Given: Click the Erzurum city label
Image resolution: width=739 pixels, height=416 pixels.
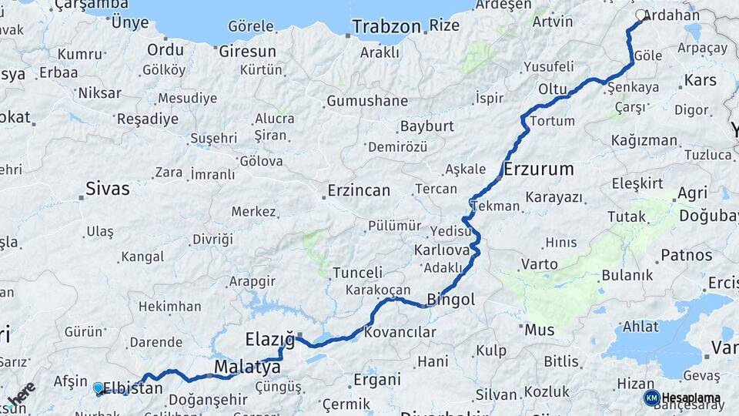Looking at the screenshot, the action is (x=539, y=169).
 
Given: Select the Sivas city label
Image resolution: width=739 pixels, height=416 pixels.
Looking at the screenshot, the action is (x=107, y=189).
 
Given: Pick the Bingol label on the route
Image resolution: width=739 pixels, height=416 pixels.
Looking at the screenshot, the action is (x=450, y=300).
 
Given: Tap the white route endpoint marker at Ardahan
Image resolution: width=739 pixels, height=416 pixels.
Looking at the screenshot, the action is (x=641, y=15).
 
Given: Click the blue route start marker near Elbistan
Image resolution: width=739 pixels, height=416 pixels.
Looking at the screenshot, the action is (x=98, y=388).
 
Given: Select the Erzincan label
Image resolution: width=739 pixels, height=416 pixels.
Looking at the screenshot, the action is (x=359, y=190).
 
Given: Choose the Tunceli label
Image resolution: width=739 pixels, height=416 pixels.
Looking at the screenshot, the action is (x=357, y=273).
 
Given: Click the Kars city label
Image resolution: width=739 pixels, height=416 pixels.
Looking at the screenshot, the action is (x=700, y=80).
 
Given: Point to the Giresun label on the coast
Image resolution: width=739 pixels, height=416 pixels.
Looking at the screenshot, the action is (x=247, y=52).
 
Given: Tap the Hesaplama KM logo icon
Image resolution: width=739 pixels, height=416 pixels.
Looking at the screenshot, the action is (x=652, y=398).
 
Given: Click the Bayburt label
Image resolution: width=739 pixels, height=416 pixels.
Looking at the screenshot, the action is (x=426, y=126).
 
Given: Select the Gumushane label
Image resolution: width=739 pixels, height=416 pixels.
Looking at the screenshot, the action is (x=367, y=101).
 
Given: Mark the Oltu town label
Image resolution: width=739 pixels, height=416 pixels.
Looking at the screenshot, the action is (x=553, y=89).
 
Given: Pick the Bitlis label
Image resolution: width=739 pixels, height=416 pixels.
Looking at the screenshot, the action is (x=560, y=361).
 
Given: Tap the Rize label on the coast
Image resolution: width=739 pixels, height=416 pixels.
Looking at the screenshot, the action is (x=444, y=25).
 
